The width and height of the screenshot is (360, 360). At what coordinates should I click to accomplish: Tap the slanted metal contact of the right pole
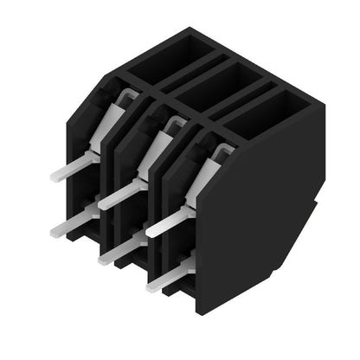[x=204, y=172]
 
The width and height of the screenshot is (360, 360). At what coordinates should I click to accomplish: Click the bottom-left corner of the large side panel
[x=201, y=299]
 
